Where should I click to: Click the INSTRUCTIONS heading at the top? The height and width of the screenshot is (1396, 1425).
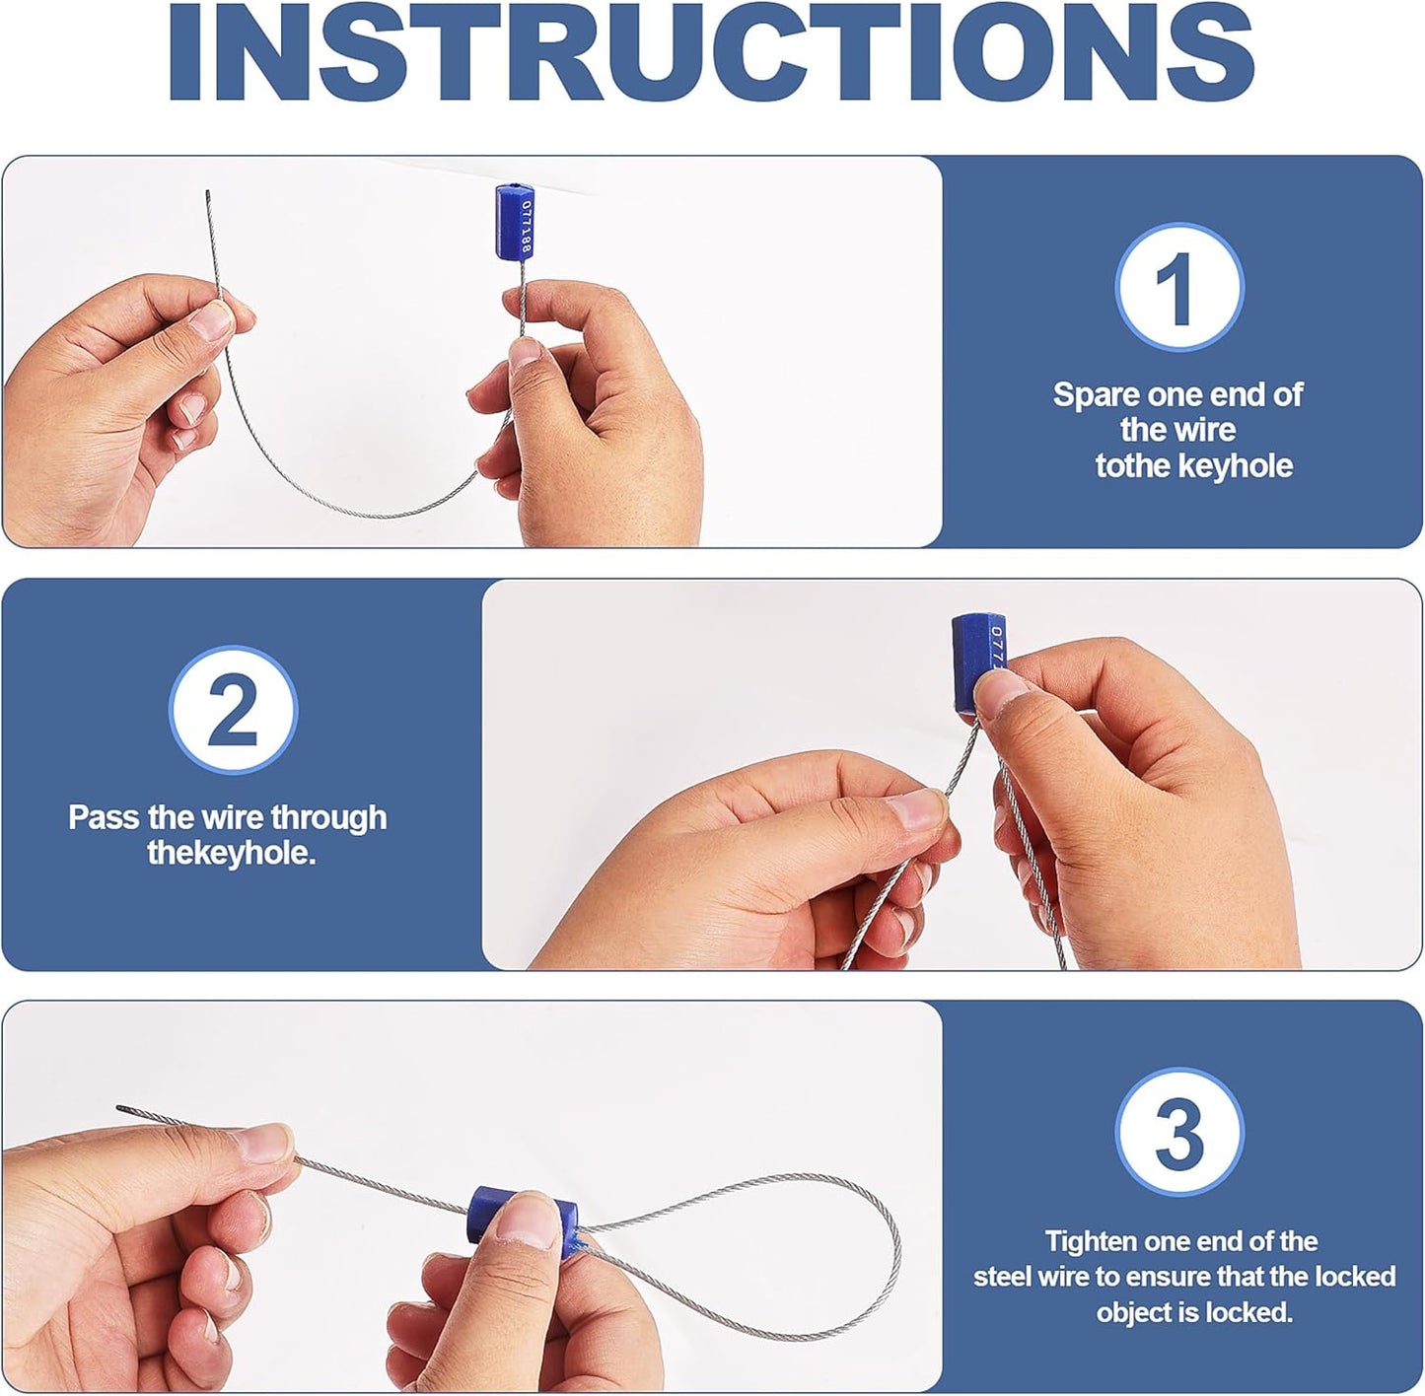711,50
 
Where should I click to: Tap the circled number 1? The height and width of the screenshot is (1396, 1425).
1178,287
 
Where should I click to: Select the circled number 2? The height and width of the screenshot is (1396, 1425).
233,711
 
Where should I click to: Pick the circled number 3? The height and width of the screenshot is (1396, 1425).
1178,1132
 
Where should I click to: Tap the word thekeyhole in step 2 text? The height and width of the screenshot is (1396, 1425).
231,854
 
